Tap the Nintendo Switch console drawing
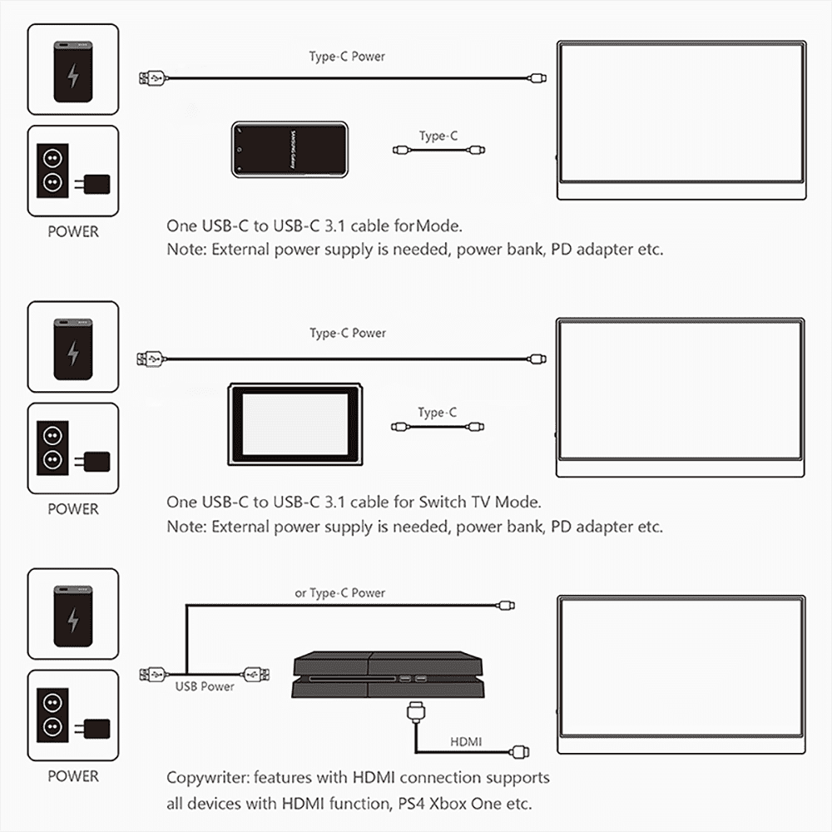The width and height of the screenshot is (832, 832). [x=296, y=425]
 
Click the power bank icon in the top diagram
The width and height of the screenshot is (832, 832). [x=73, y=69]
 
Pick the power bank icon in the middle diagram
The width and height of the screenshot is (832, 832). [x=73, y=347]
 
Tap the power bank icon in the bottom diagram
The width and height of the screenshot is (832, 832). [x=73, y=614]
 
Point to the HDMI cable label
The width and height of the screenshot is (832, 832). [x=466, y=741]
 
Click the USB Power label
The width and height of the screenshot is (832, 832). [x=205, y=686]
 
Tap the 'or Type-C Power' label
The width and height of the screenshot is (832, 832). [x=340, y=593]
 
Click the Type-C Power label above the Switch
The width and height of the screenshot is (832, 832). [x=348, y=333]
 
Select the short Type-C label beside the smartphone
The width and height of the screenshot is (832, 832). [x=438, y=136]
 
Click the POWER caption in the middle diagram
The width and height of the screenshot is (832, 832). [x=73, y=508]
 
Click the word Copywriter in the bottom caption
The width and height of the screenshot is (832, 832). [x=206, y=778]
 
